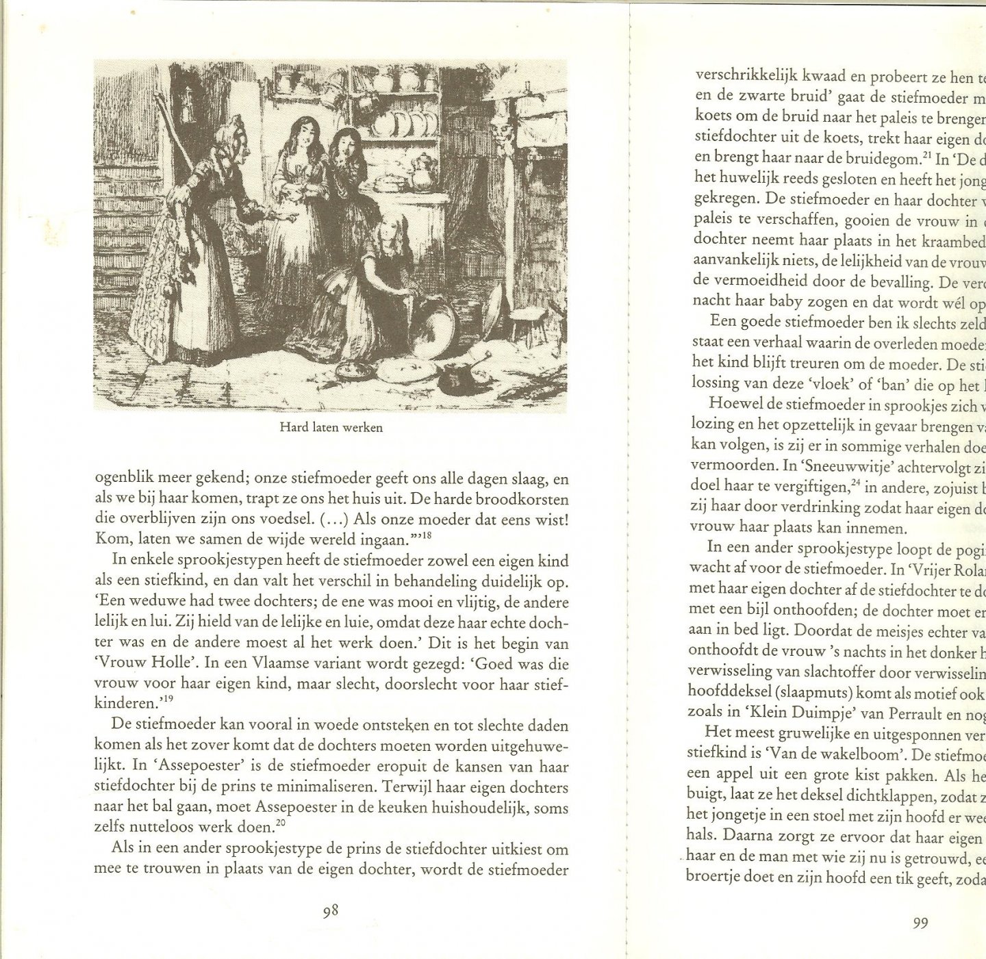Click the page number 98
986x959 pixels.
(x=331, y=911)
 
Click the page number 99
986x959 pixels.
(x=921, y=923)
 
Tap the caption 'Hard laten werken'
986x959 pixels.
(x=331, y=427)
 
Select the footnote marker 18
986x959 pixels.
(x=426, y=536)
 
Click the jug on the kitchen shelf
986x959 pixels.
(x=422, y=171)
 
